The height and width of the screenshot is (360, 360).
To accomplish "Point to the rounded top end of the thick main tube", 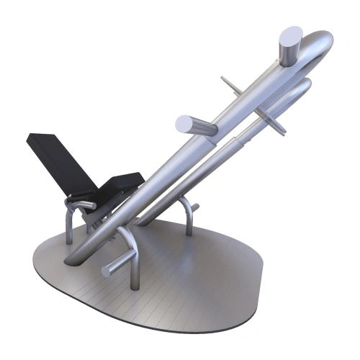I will tap(320, 50).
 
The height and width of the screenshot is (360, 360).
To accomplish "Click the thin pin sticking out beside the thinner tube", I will tap(276, 124).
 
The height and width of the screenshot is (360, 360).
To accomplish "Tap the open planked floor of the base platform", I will tap(194, 281).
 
